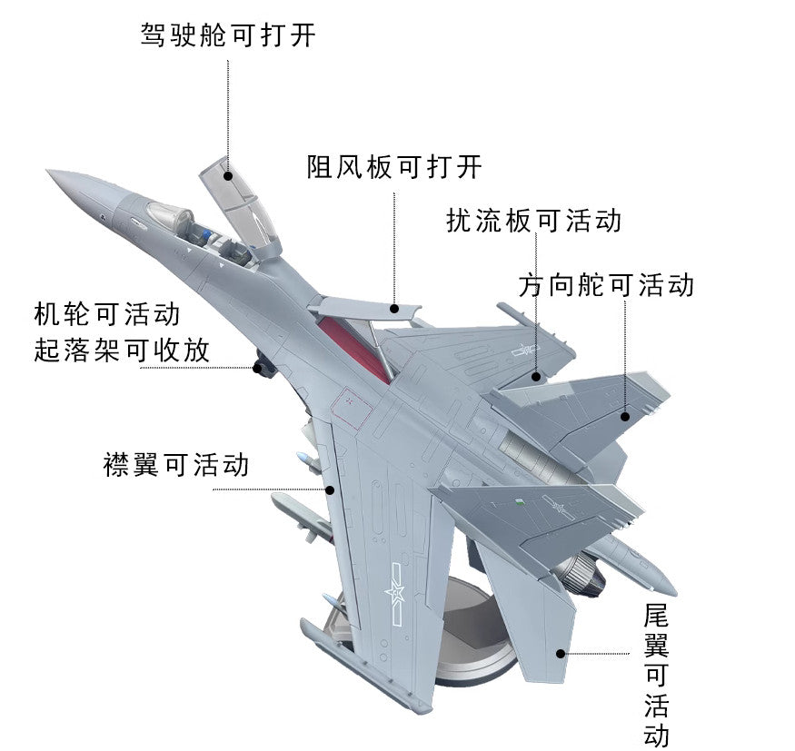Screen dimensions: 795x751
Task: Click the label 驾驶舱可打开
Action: [x=228, y=35]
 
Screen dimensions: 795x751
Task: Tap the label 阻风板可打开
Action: [x=394, y=166]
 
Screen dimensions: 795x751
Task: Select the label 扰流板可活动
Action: [x=534, y=221]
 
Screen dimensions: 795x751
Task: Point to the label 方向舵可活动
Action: [x=606, y=285]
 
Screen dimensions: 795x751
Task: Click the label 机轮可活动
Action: [x=107, y=314]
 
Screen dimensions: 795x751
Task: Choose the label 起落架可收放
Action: [x=122, y=351]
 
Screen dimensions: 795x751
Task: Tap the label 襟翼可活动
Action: [x=176, y=465]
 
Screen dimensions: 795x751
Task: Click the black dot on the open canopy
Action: [x=228, y=176]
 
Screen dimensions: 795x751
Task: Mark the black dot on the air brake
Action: [x=394, y=308]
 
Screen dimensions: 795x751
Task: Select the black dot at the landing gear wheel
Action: [x=258, y=368]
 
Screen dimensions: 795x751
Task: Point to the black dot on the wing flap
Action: [x=330, y=490]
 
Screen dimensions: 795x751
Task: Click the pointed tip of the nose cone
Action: [x=47, y=170]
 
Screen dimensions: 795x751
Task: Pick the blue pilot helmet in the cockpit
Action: [x=206, y=234]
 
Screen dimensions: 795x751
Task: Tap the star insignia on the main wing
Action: [x=394, y=592]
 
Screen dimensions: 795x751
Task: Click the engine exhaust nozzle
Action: [x=581, y=575]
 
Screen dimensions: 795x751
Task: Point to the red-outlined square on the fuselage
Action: [x=352, y=408]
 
